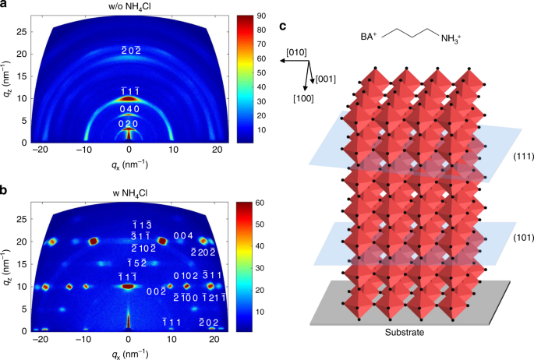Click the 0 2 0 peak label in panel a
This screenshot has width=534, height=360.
pos(129,125)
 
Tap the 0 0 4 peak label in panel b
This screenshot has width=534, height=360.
pos(183,235)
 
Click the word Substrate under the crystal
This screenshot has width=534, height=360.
pos(408,331)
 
